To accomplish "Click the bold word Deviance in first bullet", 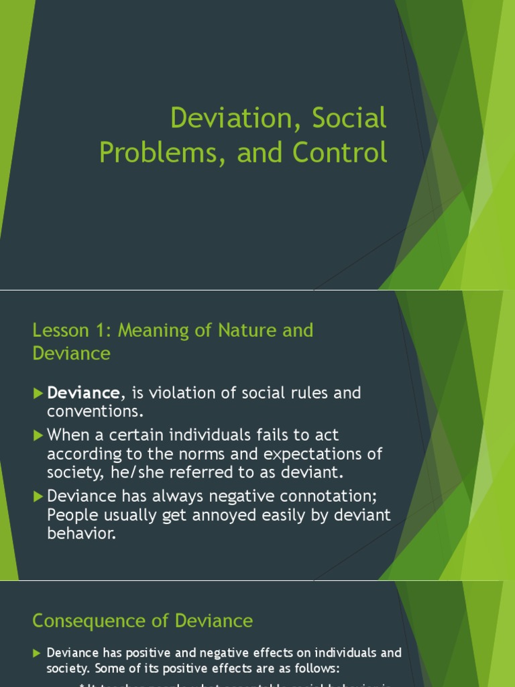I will pyautogui.click(x=83, y=393).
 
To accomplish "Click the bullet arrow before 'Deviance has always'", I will pyautogui.click(x=38, y=496).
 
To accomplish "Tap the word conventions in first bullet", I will pyautogui.click(x=93, y=411).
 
